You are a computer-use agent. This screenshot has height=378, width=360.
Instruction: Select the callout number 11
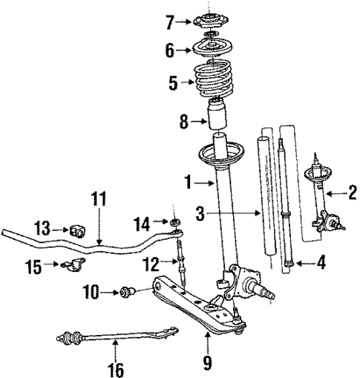coord(99,199)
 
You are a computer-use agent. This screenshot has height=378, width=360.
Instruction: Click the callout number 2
coord(353,195)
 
